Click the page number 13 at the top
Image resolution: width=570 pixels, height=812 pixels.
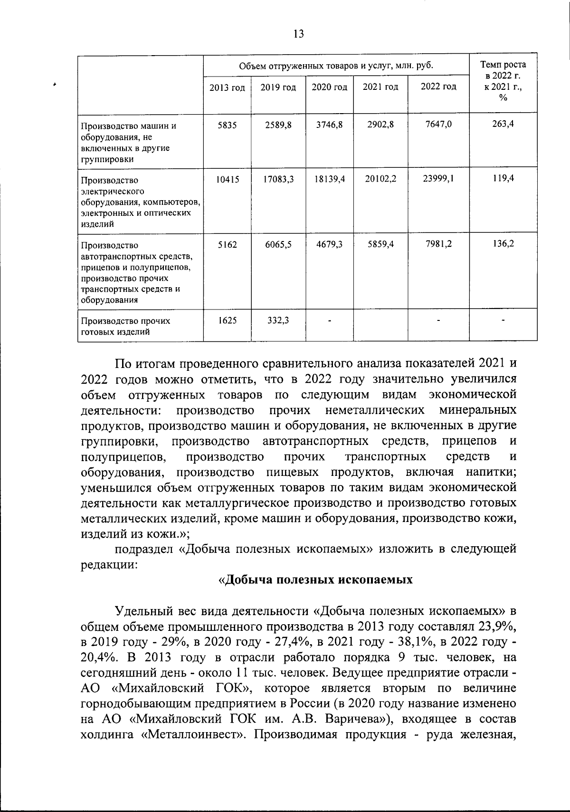coord(299,34)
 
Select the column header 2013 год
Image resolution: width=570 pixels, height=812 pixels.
coord(228,87)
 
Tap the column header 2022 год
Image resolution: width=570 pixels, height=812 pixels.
coord(438,87)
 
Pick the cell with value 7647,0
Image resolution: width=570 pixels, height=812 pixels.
coord(438,124)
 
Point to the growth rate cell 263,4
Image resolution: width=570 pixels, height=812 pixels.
coord(503,124)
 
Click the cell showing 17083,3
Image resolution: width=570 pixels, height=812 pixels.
coord(279,179)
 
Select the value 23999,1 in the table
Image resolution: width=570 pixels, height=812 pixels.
coord(438,179)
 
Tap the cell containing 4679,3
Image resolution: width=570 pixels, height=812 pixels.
coord(330,244)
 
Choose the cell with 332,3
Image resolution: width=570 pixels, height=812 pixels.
coord(279,320)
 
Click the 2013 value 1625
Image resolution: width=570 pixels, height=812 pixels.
coord(228,320)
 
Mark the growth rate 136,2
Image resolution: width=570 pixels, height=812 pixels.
coord(503,244)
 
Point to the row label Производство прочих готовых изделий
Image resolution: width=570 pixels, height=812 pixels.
coord(125,326)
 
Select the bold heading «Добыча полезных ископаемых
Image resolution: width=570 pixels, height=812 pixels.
coord(315,580)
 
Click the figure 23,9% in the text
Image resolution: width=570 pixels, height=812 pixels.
coord(494,625)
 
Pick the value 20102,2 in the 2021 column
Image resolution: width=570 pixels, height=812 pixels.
coord(380,179)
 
